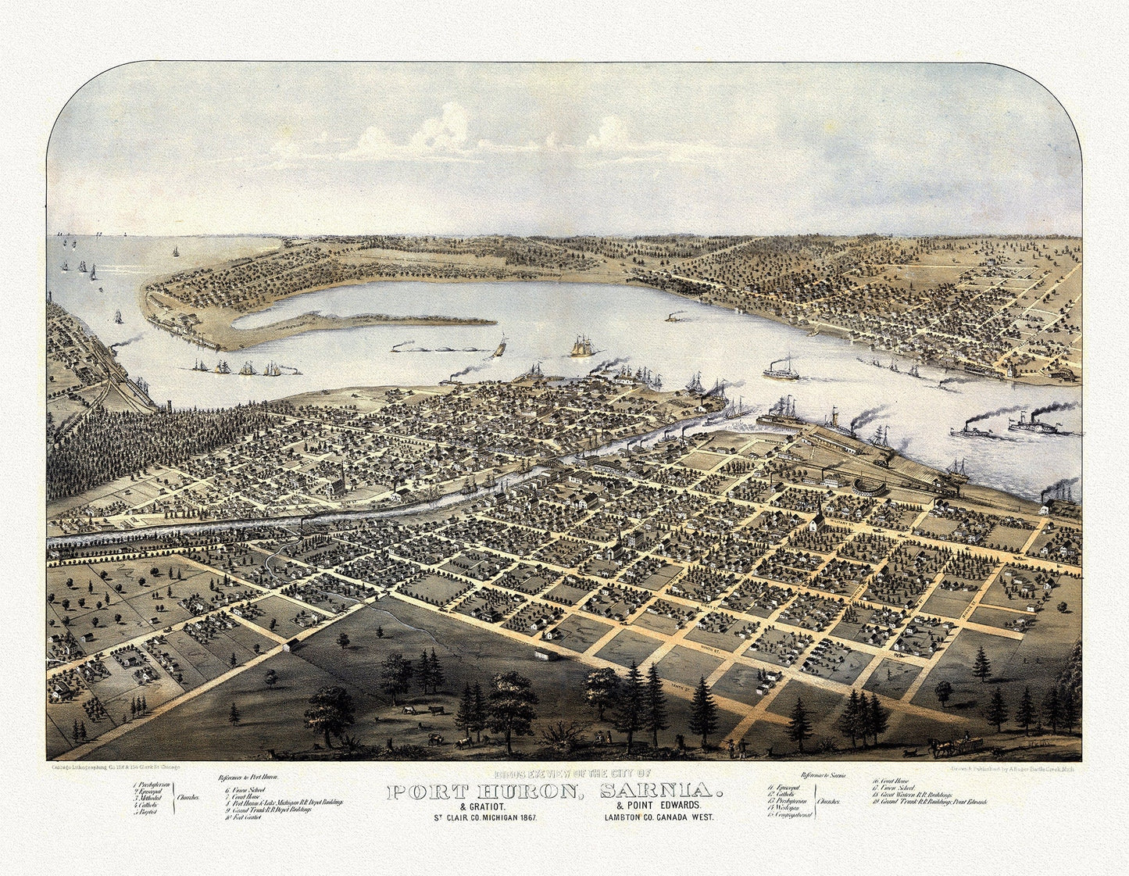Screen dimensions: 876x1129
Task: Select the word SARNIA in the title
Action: [x=661, y=792]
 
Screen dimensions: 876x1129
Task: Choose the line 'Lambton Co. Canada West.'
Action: [x=658, y=817]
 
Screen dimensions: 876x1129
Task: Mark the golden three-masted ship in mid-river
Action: [x=582, y=346]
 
